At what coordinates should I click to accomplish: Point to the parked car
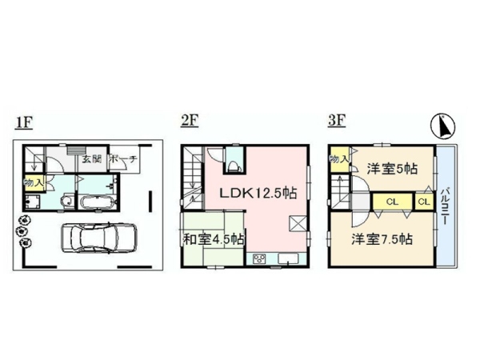[x=93, y=237]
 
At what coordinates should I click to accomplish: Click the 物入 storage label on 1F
[x=34, y=183]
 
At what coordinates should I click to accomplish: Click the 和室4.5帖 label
[x=214, y=238]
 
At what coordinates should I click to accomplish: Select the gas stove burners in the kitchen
[x=261, y=258]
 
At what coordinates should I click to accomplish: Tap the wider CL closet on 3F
[x=392, y=202]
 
